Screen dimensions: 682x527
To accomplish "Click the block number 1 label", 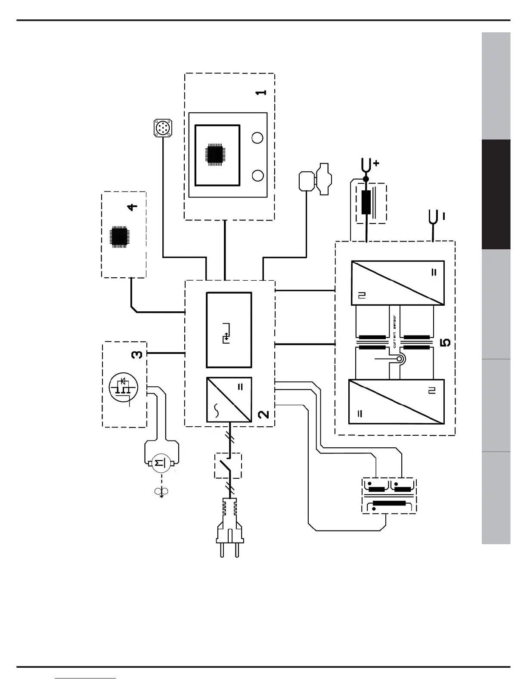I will [261, 92].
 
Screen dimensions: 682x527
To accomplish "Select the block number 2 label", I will [263, 414].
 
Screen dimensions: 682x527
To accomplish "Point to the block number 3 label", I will [136, 354].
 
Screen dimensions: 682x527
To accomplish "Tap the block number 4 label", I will [133, 206].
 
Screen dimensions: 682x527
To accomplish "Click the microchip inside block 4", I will [119, 236].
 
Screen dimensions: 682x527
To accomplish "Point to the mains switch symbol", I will [228, 465].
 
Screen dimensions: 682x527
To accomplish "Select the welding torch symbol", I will [316, 179].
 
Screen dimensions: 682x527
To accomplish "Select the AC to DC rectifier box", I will [229, 400].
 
